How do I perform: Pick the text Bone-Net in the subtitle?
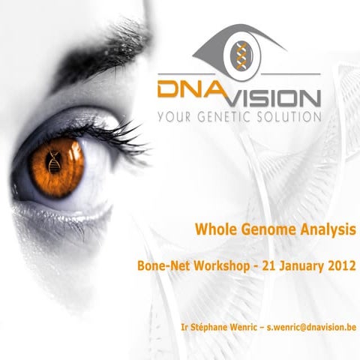tap(160, 265)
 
